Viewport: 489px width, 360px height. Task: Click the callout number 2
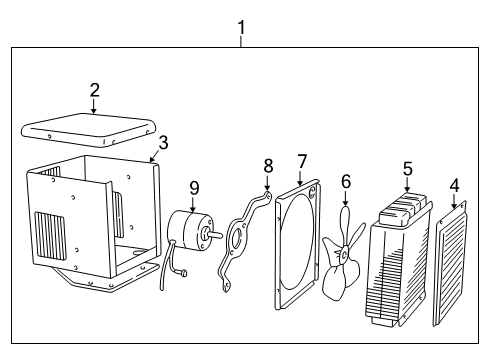(x=94, y=90)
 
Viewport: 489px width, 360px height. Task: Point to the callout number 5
(x=407, y=170)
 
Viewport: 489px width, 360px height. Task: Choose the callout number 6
(x=346, y=183)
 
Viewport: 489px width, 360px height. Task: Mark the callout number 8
(x=267, y=164)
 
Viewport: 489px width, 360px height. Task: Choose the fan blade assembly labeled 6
(x=343, y=255)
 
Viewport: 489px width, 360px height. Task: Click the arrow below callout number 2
(x=94, y=109)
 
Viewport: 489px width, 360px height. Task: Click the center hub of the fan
(x=344, y=255)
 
